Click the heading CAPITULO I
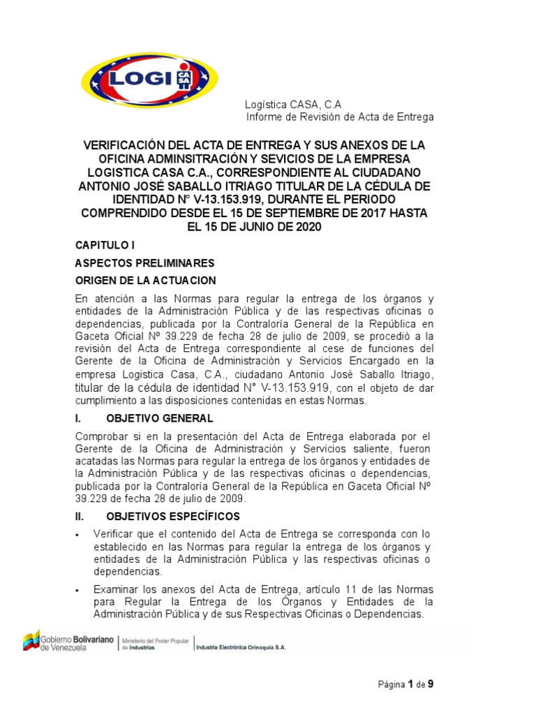104,246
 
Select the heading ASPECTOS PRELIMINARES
144,263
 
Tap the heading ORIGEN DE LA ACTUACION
146,281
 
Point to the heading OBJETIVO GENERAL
160,418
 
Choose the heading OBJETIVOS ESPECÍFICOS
173,517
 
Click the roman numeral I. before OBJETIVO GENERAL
79,418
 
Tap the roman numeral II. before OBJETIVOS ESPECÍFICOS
80,517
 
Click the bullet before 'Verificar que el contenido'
77,535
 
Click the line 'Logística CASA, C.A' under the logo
293,103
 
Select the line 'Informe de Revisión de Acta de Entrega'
340,117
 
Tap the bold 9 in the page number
431,684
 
